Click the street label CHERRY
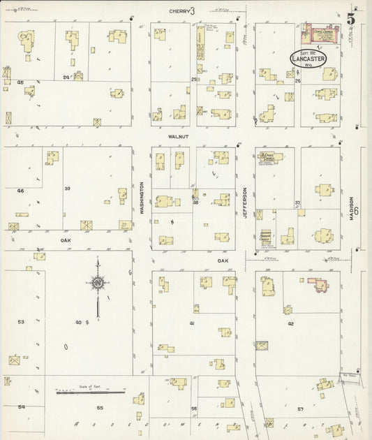[180, 11]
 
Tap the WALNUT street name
[180, 138]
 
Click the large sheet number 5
[351, 19]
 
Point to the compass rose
[98, 283]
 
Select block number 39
[68, 189]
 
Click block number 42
[290, 324]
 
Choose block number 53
[21, 322]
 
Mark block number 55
[100, 407]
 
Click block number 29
[66, 77]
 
